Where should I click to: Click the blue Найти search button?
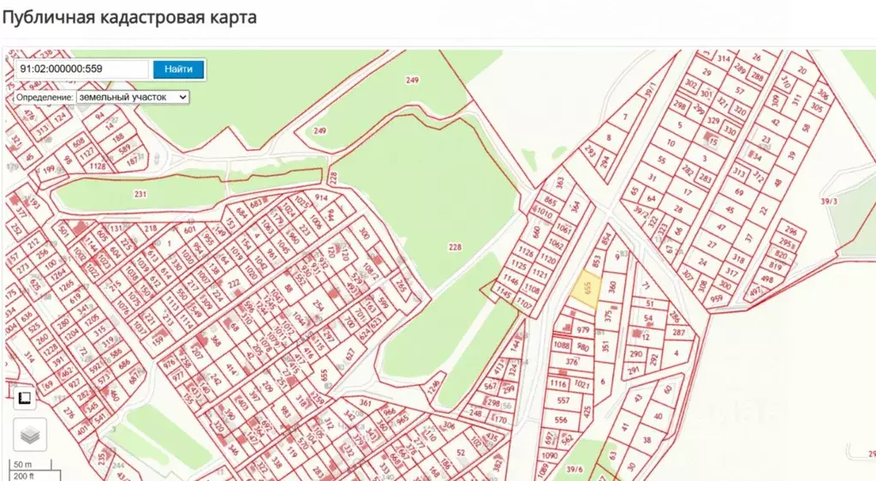tap(179, 69)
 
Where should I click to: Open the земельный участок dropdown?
tap(133, 98)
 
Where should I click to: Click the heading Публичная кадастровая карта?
tap(129, 17)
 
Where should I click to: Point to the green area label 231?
tap(140, 195)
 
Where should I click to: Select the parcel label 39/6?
tap(575, 469)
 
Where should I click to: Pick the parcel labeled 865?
tap(550, 201)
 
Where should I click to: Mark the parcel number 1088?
tap(562, 346)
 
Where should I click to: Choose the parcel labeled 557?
tap(563, 400)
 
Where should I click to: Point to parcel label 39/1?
tap(651, 89)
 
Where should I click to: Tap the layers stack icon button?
tap(30, 435)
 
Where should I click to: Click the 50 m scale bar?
tap(22, 465)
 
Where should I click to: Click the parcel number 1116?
tap(558, 383)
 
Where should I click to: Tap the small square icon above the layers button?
tap(25, 397)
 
